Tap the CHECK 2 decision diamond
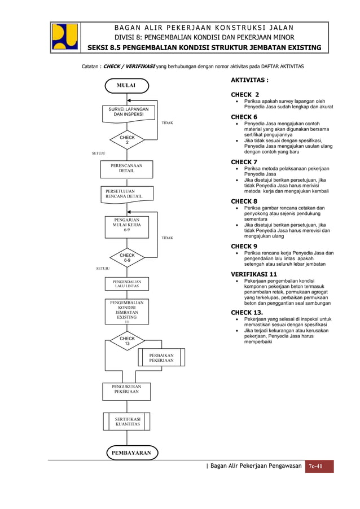127,140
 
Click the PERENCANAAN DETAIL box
126,168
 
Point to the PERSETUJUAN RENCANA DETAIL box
126,194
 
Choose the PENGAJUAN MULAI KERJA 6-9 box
127,225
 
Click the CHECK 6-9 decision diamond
127,258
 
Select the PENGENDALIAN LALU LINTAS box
127,283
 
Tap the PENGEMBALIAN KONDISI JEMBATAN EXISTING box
127,312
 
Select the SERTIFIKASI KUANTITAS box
127,422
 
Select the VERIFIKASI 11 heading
254,274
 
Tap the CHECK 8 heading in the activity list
244,201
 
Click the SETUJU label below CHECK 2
99,153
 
